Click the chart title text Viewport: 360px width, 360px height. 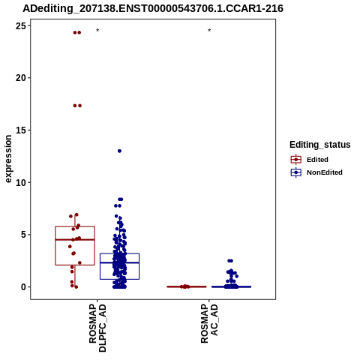(153, 8)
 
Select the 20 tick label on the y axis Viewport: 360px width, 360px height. (21, 78)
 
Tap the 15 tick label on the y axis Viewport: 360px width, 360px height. (21, 130)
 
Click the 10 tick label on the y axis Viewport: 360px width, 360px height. (21, 183)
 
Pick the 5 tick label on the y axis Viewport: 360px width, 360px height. (23, 235)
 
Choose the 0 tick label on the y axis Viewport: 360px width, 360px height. (23, 287)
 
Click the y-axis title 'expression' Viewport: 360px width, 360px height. (8, 159)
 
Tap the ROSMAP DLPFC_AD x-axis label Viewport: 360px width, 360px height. (97, 328)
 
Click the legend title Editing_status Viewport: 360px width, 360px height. (320, 145)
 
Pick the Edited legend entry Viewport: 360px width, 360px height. (310, 160)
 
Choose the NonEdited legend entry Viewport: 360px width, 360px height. (316, 172)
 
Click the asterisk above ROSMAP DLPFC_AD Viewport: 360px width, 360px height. (97, 31)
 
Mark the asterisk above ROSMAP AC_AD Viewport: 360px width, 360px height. (209, 31)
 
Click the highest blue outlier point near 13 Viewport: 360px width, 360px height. (119, 151)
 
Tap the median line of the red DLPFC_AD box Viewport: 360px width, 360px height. (75, 239)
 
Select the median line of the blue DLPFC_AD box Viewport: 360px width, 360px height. (119, 262)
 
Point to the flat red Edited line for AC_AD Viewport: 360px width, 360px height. (187, 286)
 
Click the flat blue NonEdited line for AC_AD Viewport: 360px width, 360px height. (231, 286)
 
